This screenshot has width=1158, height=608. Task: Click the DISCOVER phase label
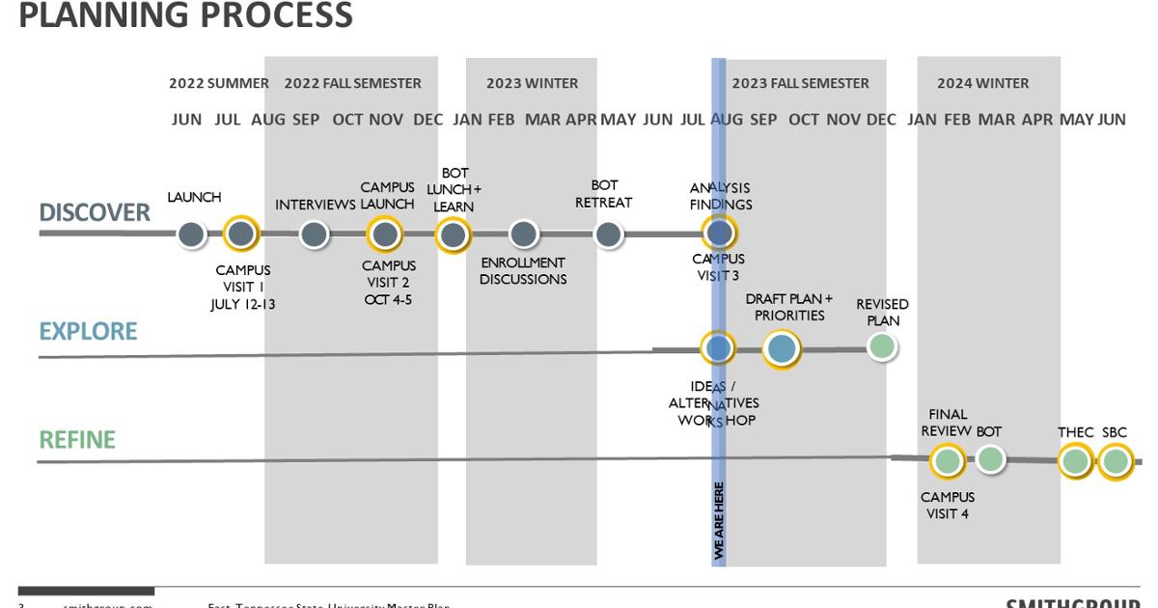(95, 212)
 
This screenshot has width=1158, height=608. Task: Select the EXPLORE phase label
(88, 331)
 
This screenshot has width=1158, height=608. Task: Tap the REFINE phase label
(77, 440)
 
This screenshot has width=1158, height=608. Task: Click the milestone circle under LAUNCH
(192, 234)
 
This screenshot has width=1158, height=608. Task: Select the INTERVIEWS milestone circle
(314, 234)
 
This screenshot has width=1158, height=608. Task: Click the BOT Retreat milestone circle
(608, 234)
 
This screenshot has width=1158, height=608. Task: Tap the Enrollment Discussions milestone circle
(523, 234)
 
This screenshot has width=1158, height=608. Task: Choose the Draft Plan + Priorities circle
(782, 348)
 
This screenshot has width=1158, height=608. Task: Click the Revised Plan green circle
(881, 345)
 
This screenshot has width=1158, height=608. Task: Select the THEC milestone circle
(1075, 461)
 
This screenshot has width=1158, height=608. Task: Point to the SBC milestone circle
(1115, 461)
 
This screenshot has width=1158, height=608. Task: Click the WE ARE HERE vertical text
(719, 520)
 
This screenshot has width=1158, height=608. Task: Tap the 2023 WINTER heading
(532, 83)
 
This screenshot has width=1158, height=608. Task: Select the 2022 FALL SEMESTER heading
(352, 83)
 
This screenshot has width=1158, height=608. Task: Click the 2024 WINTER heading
(982, 83)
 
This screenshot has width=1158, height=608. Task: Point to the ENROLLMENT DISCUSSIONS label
(523, 270)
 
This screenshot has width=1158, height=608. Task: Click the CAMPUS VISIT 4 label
(948, 505)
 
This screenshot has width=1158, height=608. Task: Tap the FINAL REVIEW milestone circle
(948, 461)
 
